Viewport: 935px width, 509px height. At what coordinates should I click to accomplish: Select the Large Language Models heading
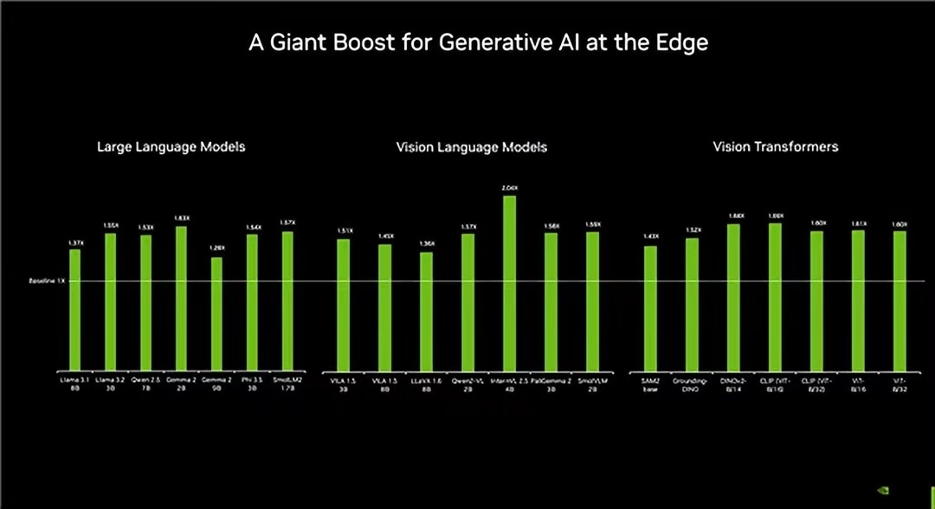171,147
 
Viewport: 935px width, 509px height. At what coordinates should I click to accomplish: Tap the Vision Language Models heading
471,147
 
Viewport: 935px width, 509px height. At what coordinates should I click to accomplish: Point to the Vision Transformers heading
775,147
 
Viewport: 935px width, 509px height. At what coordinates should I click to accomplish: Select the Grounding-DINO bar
692,302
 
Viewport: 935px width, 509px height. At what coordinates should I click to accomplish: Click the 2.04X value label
509,188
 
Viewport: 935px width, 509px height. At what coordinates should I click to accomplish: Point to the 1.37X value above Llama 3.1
74,242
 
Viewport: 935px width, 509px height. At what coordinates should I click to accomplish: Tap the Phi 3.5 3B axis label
252,384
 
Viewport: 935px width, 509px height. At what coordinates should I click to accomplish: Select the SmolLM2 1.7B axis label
287,384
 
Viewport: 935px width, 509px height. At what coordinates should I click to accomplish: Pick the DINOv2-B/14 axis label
733,384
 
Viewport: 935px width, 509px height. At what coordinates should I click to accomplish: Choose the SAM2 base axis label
650,384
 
